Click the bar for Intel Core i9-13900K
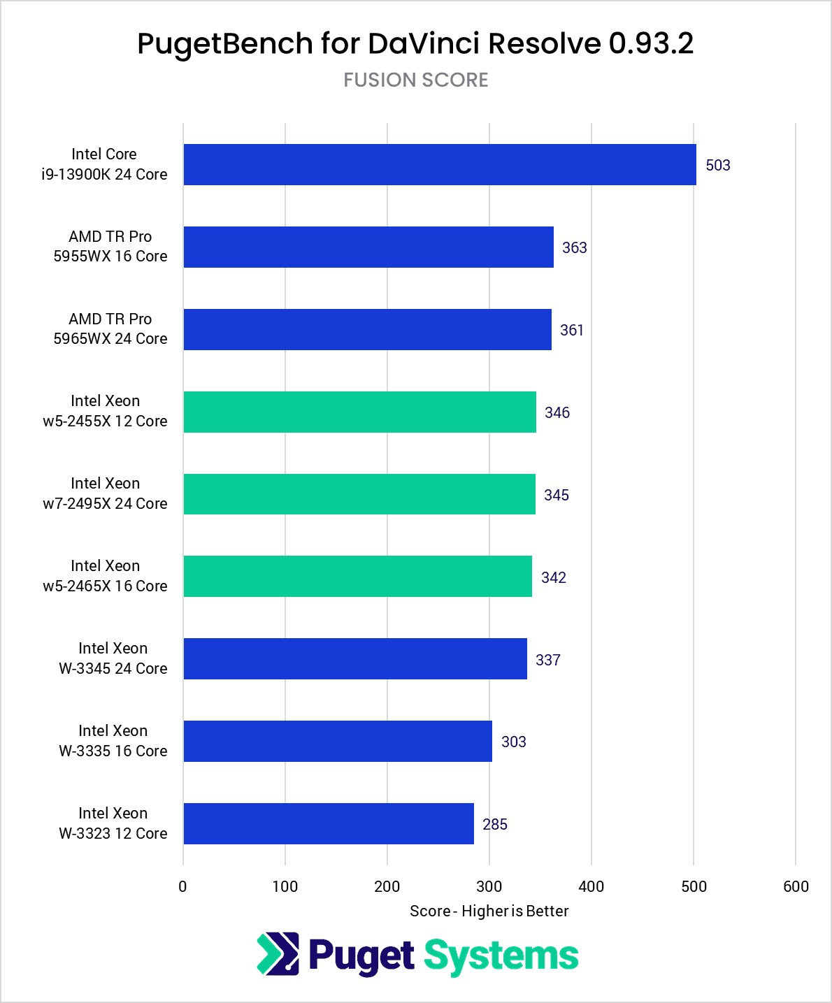[x=439, y=165]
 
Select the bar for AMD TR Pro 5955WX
[x=368, y=247]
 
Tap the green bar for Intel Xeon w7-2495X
[x=359, y=495]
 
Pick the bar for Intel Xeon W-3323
[x=328, y=824]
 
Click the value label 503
[x=717, y=166]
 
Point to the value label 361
[x=571, y=331]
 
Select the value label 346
[x=557, y=413]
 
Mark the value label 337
[x=547, y=661]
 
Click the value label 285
[x=494, y=825]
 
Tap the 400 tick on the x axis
[x=591, y=887]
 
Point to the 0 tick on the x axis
[x=182, y=887]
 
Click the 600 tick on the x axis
[x=796, y=887]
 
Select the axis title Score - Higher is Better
[x=489, y=911]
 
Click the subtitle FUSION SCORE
[x=415, y=80]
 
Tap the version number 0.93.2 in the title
[x=650, y=44]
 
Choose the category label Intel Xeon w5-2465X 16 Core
[x=105, y=576]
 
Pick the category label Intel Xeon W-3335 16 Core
[x=113, y=741]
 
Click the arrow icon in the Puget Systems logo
[x=278, y=954]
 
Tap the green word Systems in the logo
[x=501, y=956]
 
